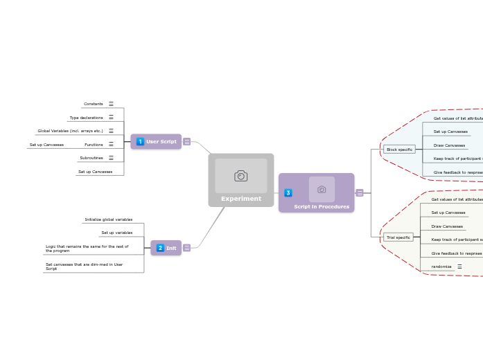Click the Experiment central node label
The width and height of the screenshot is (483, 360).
tap(241, 199)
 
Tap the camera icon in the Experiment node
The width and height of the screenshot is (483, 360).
tap(240, 176)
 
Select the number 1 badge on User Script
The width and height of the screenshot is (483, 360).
tap(140, 142)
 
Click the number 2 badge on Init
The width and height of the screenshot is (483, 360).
tap(160, 248)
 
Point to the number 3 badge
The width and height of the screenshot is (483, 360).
tap(288, 192)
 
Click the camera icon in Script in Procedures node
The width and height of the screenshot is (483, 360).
tap(322, 189)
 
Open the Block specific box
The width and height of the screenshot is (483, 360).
tap(399, 150)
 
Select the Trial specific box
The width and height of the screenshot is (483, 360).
tap(398, 237)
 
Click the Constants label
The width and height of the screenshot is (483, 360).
tap(94, 104)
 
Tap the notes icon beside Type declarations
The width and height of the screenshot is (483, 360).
tap(111, 118)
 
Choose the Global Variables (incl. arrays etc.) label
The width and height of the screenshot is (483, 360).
tap(70, 131)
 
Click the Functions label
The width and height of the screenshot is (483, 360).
tap(94, 145)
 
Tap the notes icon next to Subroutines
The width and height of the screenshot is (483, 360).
tap(111, 158)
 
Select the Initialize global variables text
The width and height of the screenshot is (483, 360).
tap(109, 219)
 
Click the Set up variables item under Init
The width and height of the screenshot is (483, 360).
tap(116, 233)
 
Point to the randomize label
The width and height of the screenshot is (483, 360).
tap(441, 267)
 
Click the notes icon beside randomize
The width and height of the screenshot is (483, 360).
tap(459, 267)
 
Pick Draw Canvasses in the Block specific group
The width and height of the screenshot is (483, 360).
tap(450, 145)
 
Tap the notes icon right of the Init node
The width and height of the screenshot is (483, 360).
tap(186, 248)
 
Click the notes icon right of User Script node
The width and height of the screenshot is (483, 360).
tap(186, 142)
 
